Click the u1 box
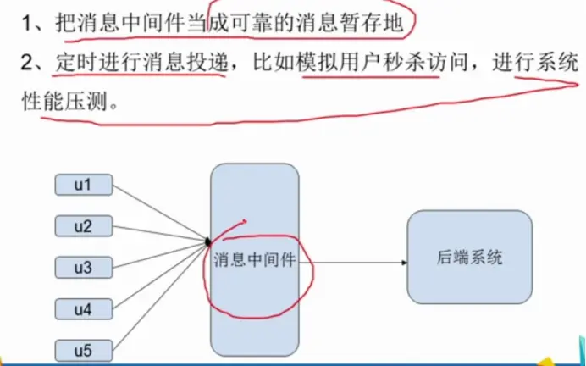click(83, 184)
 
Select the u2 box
click(83, 226)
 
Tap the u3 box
click(83, 268)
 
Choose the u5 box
click(83, 349)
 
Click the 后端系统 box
click(470, 257)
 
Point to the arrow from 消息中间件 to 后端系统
click(356, 262)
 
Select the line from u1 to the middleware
click(161, 213)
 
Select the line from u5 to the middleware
click(161, 297)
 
